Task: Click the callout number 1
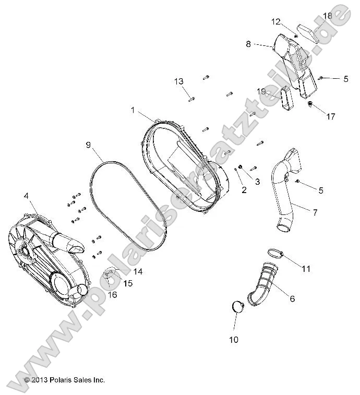pyautogui.click(x=133, y=111)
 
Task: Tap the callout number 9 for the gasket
pyautogui.click(x=88, y=144)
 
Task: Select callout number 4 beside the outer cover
pyautogui.click(x=26, y=196)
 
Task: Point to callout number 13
pyautogui.click(x=179, y=81)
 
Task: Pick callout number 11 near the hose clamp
pyautogui.click(x=306, y=269)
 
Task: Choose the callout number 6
pyautogui.click(x=292, y=298)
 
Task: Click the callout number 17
pyautogui.click(x=331, y=116)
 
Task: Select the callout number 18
pyautogui.click(x=327, y=16)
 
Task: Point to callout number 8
pyautogui.click(x=248, y=44)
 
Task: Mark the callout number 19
pyautogui.click(x=261, y=91)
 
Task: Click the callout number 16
pyautogui.click(x=112, y=295)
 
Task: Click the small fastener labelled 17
pyautogui.click(x=311, y=105)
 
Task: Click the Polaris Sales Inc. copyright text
pyautogui.click(x=65, y=380)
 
